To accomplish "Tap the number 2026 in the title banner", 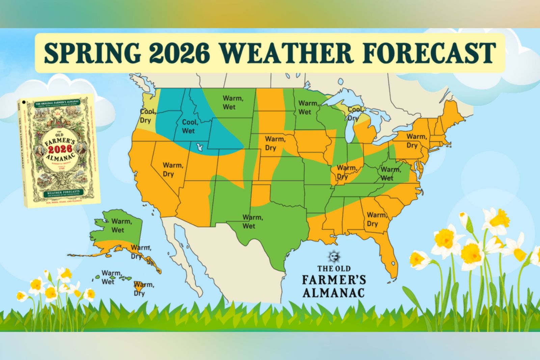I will coord(179,53).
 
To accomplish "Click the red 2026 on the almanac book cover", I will coord(60,149).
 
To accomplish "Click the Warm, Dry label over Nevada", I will coord(173,170).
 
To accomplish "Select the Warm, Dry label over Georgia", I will coord(376,219).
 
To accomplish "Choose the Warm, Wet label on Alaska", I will coord(122,226).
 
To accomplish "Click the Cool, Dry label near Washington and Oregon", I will coord(148,116).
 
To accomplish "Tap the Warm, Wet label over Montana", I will coord(233,102).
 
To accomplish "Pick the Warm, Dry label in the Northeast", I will coord(416,141).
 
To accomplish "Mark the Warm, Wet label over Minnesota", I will coord(308,107).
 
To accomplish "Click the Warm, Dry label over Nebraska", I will coord(275,143).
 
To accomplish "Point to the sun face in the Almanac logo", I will coord(334,257).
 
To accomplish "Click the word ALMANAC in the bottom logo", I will coord(333,292).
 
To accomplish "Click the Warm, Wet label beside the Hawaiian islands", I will coord(111,277).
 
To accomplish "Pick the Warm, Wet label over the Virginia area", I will coord(390,173).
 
